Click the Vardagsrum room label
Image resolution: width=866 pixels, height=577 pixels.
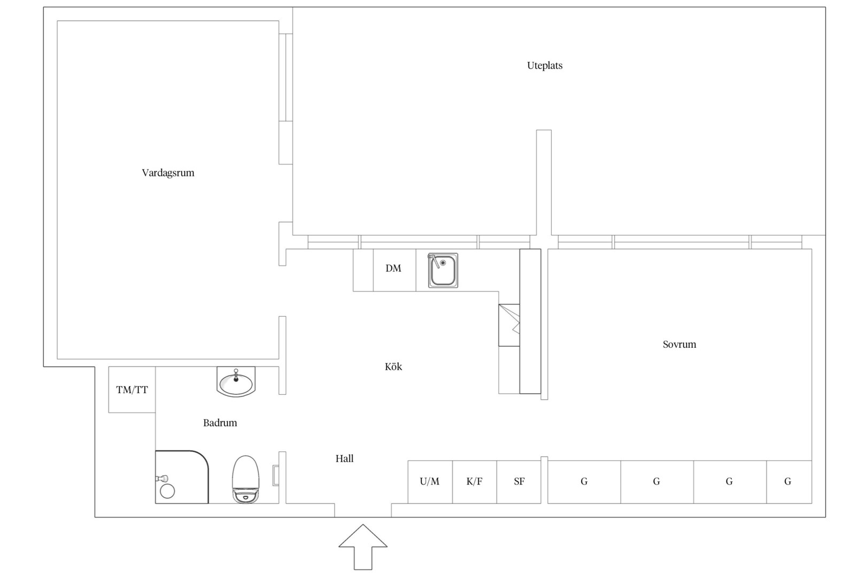point(168,173)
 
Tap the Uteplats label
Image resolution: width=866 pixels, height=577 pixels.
point(544,66)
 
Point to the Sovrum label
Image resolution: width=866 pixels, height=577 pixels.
point(679,345)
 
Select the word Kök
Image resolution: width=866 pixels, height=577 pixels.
point(393,367)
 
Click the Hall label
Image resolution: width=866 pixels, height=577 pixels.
point(344,458)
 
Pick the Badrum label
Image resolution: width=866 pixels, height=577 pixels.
point(220,423)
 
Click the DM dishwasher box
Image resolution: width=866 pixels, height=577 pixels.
point(395,270)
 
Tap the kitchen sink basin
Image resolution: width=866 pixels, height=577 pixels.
point(443,270)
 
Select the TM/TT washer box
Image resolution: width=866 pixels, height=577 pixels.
point(132,389)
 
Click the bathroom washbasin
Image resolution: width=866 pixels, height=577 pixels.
point(236,381)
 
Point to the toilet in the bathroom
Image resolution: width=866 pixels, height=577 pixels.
point(245,479)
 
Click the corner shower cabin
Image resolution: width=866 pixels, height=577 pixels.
point(182,477)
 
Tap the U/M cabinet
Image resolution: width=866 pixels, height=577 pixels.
point(430,482)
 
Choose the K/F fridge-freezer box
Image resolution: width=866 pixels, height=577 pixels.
point(474,482)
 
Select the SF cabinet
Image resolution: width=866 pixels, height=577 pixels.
point(519,482)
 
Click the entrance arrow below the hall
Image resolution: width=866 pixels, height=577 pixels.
point(363,547)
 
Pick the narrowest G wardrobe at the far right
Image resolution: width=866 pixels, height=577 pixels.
point(789,482)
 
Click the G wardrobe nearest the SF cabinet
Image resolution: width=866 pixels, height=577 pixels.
point(584,482)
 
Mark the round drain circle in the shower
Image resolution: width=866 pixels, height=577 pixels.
point(167,491)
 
